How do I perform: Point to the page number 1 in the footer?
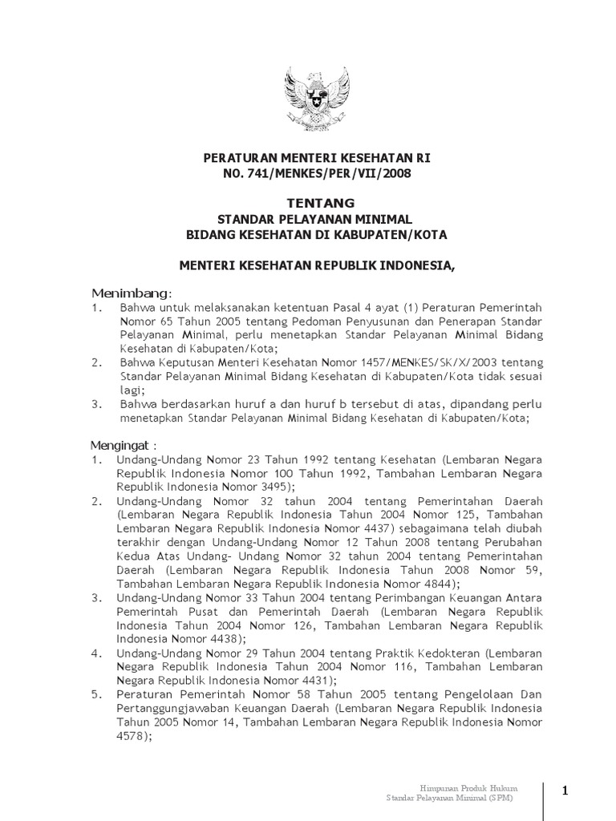click(565, 791)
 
